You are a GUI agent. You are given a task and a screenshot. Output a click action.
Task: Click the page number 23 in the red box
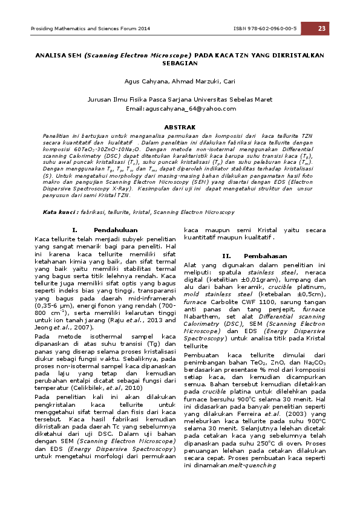[321, 28]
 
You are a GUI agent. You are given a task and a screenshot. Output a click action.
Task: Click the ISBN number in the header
[264, 29]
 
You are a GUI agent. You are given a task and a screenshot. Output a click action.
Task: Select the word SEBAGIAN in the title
[180, 62]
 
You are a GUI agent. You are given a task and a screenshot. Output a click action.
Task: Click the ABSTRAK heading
[180, 127]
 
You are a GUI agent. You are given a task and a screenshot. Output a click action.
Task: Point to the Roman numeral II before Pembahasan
[227, 256]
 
